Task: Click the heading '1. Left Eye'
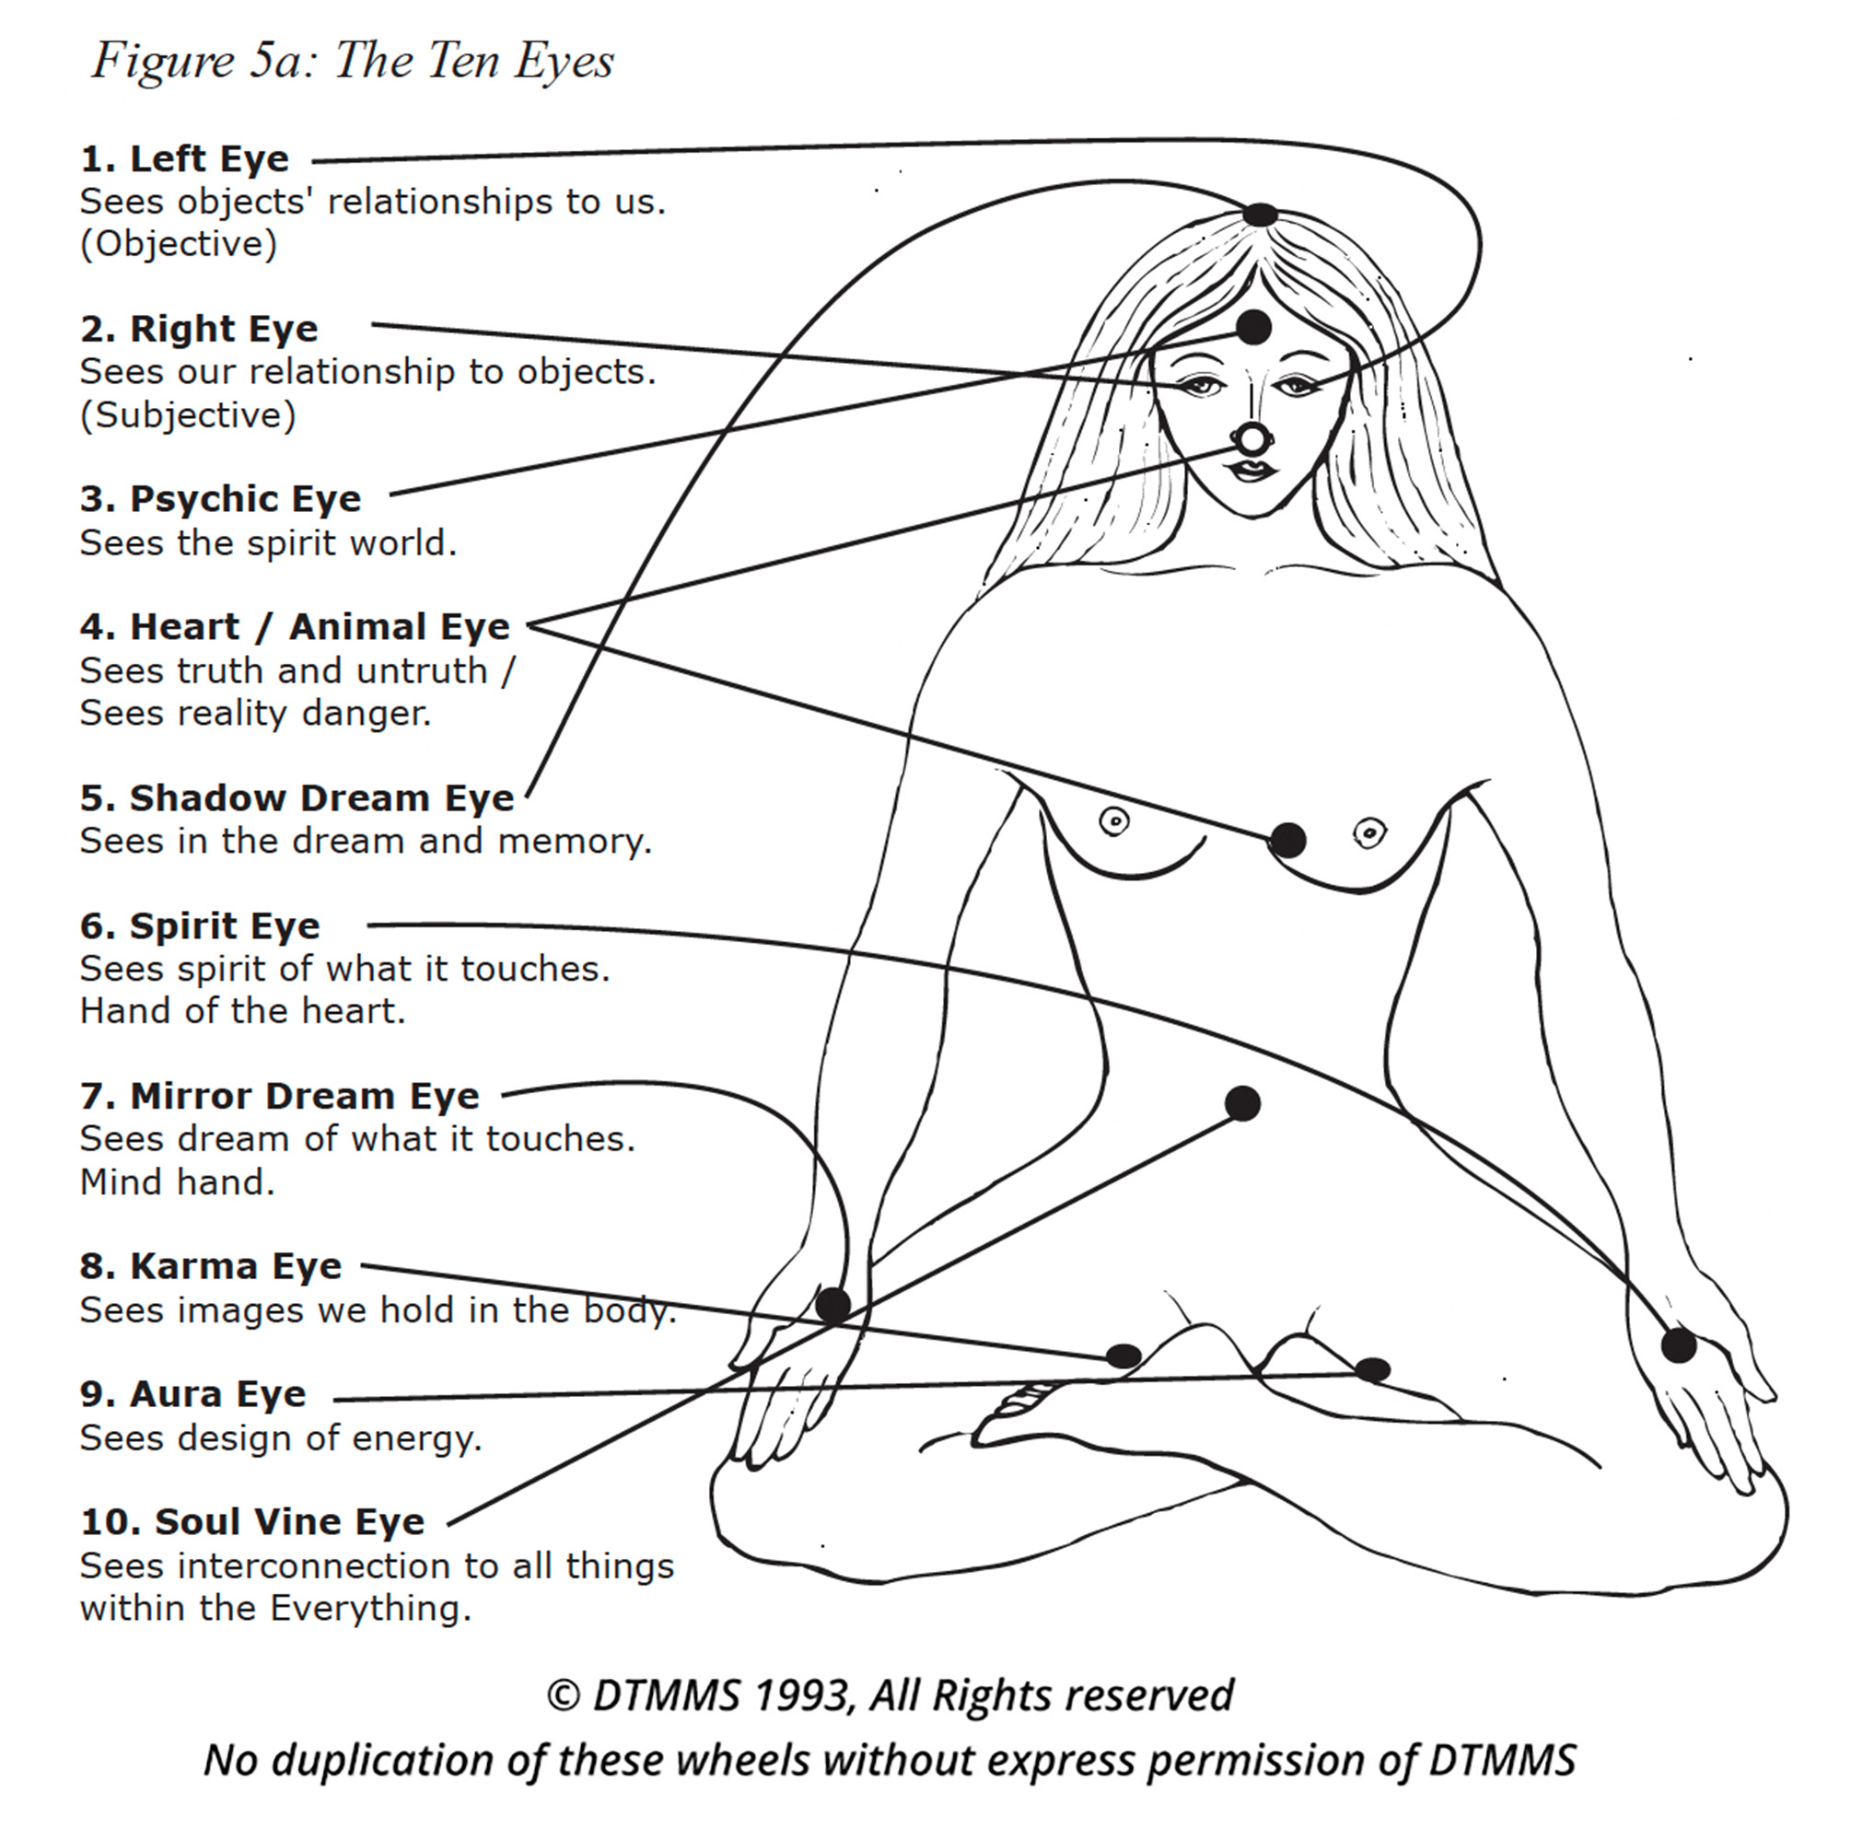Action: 184,159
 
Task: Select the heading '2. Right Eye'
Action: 198,329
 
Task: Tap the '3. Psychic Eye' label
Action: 220,499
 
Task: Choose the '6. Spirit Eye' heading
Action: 199,925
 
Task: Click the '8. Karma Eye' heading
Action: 211,1265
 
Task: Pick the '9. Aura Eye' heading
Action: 192,1394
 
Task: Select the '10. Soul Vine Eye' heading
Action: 252,1521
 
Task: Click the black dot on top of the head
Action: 1260,215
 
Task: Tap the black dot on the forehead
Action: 1253,328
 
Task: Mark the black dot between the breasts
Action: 1287,840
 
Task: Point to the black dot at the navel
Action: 1242,1102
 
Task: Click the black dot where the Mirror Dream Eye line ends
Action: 832,1304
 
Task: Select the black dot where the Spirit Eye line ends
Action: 1678,1345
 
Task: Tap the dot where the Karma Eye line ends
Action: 1123,1356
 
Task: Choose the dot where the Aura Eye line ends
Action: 1372,1369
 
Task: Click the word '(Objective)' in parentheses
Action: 179,244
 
